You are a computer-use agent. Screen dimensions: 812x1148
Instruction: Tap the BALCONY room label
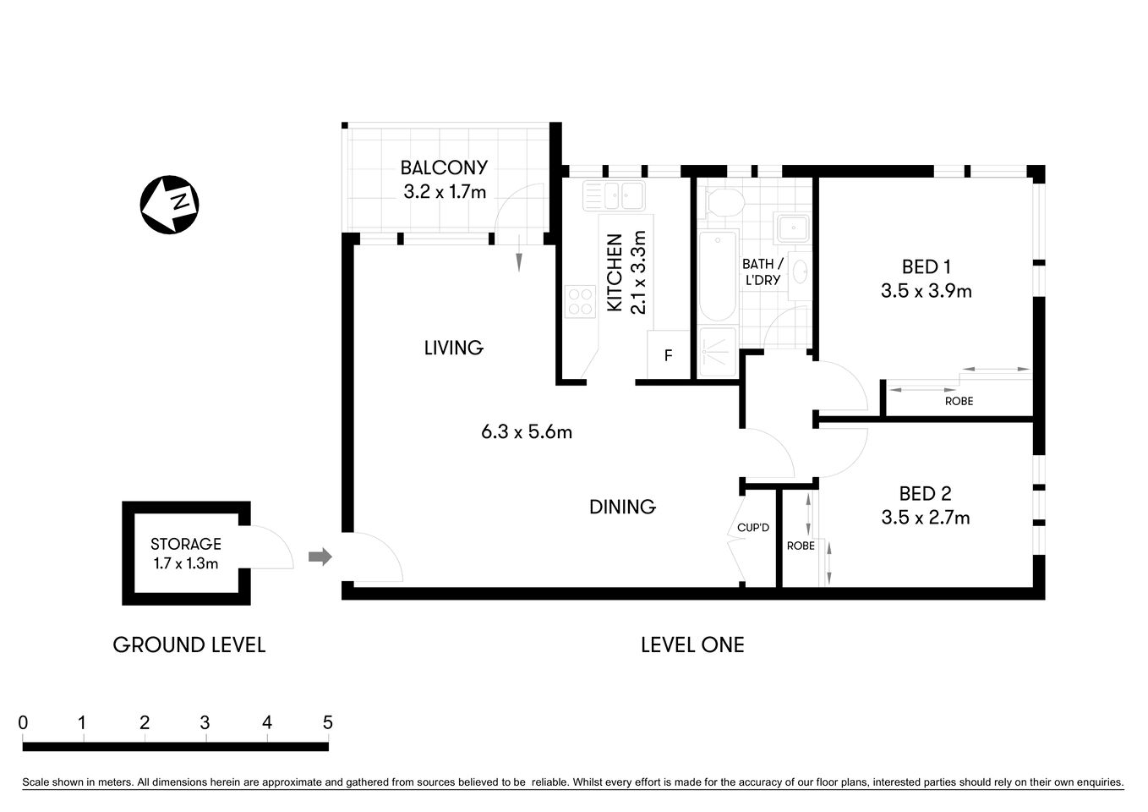[444, 167]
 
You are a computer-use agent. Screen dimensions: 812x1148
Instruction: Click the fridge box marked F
[668, 355]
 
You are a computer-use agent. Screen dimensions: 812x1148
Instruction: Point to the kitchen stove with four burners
[580, 302]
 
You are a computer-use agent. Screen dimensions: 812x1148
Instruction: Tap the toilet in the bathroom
[724, 202]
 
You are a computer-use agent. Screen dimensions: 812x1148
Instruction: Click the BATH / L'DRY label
[763, 272]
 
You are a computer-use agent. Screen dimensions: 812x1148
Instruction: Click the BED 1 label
[926, 267]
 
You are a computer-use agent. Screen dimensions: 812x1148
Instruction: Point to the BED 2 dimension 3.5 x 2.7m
[926, 518]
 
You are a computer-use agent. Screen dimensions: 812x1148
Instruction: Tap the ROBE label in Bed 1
[959, 401]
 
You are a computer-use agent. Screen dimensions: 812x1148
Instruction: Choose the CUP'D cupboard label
[753, 528]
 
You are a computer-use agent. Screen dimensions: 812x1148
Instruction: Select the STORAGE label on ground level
[186, 544]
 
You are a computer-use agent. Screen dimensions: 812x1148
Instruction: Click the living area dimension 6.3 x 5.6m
[527, 432]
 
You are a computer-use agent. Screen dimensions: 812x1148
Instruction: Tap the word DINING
[622, 507]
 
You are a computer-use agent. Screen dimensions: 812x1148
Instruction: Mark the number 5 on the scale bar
[328, 722]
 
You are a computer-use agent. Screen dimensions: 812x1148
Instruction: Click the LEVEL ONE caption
[692, 645]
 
